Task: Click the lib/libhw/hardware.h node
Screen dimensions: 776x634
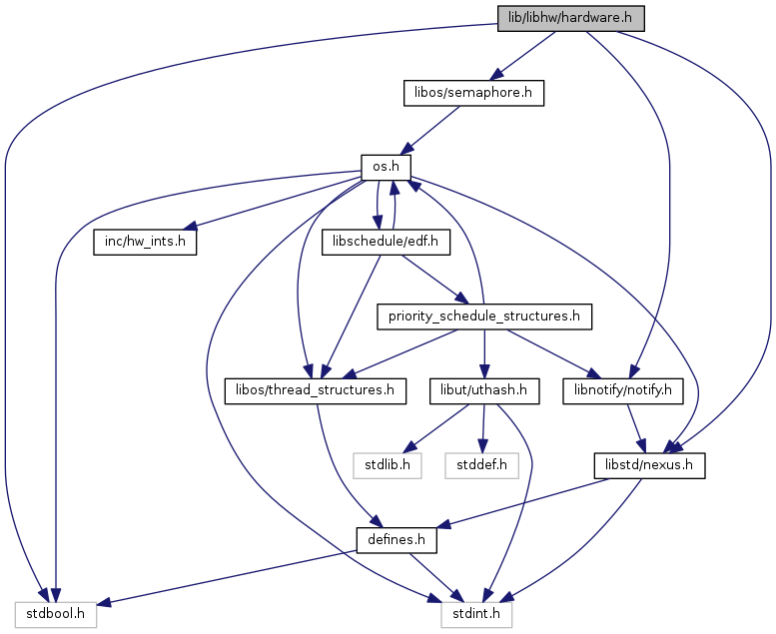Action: tap(570, 19)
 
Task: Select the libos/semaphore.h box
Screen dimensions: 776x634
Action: tap(473, 93)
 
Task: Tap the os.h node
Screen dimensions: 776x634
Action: tap(387, 168)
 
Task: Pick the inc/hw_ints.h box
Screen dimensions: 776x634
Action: tap(145, 242)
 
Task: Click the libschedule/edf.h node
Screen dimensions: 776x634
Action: tap(386, 242)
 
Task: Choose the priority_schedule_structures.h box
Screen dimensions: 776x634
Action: tap(484, 317)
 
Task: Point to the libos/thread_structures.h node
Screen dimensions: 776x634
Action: tap(316, 391)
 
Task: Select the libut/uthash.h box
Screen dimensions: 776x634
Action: tap(484, 391)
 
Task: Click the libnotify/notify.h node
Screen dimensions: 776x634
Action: tap(623, 391)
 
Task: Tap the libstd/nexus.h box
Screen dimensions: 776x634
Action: tap(649, 465)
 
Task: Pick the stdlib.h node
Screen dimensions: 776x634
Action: tap(388, 465)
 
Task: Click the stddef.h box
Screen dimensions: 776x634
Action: tap(481, 465)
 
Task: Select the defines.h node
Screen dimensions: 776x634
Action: tap(396, 540)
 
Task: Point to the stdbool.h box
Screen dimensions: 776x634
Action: tap(56, 615)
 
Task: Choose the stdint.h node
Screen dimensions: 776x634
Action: tap(476, 615)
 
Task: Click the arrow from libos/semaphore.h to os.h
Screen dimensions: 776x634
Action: tap(429, 130)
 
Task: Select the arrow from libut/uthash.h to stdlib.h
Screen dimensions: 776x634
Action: tap(435, 428)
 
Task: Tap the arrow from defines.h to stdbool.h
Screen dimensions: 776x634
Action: tap(226, 577)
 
